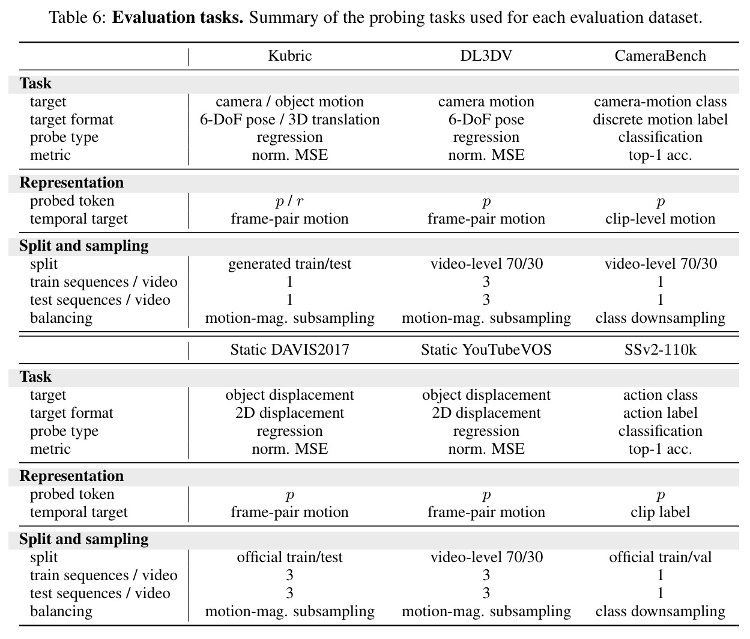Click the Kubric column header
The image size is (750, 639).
pyautogui.click(x=289, y=55)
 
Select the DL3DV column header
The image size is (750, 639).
pyautogui.click(x=486, y=55)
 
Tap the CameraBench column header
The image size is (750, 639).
pyautogui.click(x=661, y=55)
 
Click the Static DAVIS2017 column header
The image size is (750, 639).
pyautogui.click(x=289, y=349)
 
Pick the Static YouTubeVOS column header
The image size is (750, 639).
pyautogui.click(x=486, y=349)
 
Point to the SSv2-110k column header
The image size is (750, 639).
pyautogui.click(x=661, y=349)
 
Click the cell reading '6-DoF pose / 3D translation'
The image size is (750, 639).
pyautogui.click(x=289, y=120)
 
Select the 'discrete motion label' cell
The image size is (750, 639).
pyautogui.click(x=661, y=120)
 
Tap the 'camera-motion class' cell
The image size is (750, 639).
pyautogui.click(x=661, y=102)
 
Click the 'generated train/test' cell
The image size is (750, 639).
pyautogui.click(x=289, y=264)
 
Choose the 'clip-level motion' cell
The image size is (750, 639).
pyautogui.click(x=661, y=219)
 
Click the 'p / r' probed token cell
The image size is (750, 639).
pyautogui.click(x=289, y=201)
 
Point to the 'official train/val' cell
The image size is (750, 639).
pyautogui.click(x=661, y=557)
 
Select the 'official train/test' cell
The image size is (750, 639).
pyautogui.click(x=289, y=557)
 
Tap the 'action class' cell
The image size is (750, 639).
pyautogui.click(x=661, y=395)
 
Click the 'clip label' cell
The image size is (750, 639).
pyautogui.click(x=661, y=512)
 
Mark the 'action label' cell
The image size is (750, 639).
pyautogui.click(x=661, y=413)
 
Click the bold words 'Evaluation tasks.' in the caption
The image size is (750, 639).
pyautogui.click(x=177, y=17)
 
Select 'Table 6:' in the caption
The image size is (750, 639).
pyautogui.click(x=77, y=17)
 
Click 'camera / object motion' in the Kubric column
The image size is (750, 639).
pyautogui.click(x=289, y=102)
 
